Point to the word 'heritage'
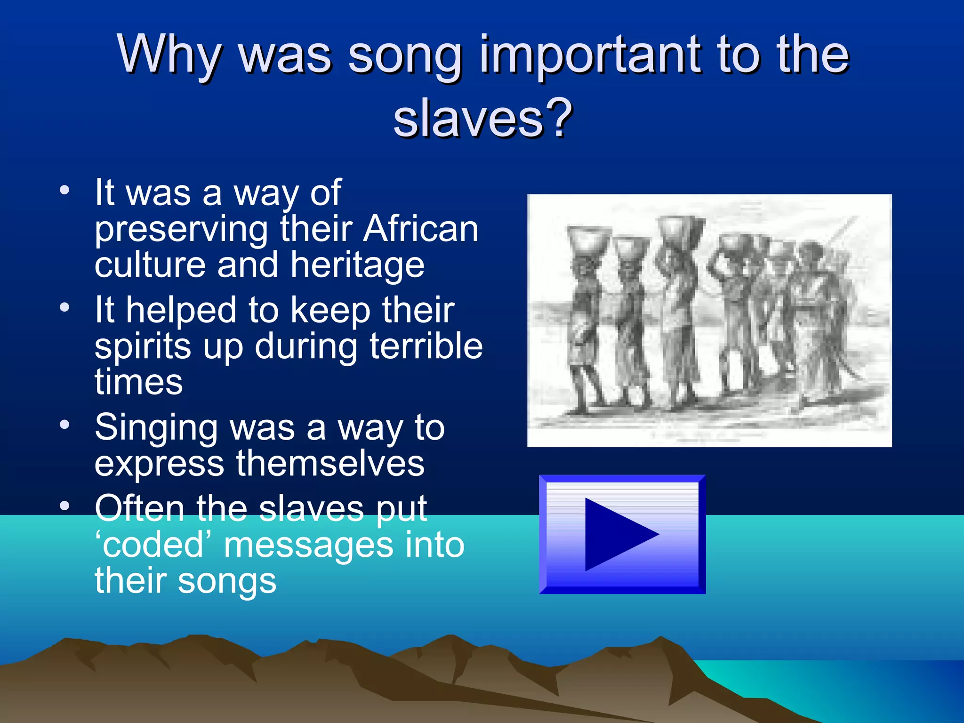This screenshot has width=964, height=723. point(357,266)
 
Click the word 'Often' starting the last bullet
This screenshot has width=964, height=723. point(139,508)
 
